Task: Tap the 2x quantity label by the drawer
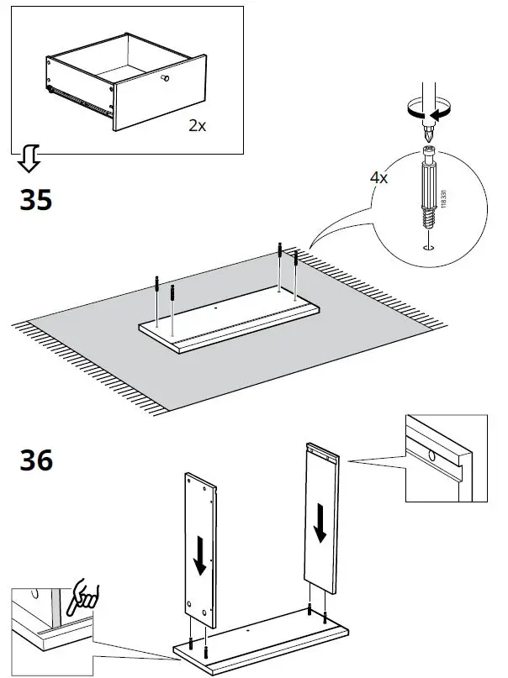coord(198,125)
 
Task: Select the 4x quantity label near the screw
coord(379,178)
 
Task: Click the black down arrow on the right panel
coord(320,524)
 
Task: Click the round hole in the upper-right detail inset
coord(431,456)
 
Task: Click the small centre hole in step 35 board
coord(218,307)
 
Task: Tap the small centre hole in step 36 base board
coord(249,627)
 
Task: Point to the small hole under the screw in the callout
coord(428,247)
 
